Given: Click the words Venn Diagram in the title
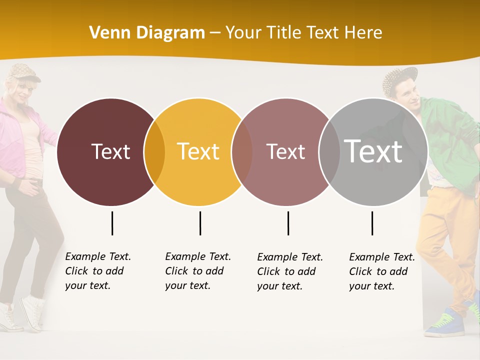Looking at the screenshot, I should (147, 33).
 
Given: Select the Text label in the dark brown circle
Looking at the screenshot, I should (110, 151).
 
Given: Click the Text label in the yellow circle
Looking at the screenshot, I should (198, 151).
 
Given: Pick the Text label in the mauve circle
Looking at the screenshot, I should (285, 151).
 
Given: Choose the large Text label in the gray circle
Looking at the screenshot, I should (373, 151).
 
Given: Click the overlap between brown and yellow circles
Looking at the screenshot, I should (154, 152).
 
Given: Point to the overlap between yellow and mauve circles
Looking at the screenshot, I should (242, 152).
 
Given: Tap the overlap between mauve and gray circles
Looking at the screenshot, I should (329, 152).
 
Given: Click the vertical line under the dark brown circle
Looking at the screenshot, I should (112, 223).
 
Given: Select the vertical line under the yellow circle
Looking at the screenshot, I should (200, 223).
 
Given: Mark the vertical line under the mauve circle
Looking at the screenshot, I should (288, 223).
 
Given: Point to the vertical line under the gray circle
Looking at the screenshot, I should (372, 223).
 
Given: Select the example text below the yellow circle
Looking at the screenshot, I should (198, 271).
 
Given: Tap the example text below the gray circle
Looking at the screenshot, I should (382, 271).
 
